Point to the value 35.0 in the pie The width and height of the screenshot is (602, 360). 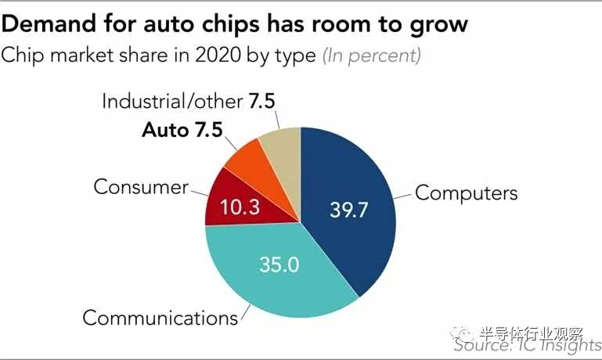[x=279, y=264]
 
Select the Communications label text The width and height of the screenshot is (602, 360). [x=160, y=318]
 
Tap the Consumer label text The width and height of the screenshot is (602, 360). [x=141, y=187]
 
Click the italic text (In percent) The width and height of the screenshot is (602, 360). [x=372, y=56]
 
